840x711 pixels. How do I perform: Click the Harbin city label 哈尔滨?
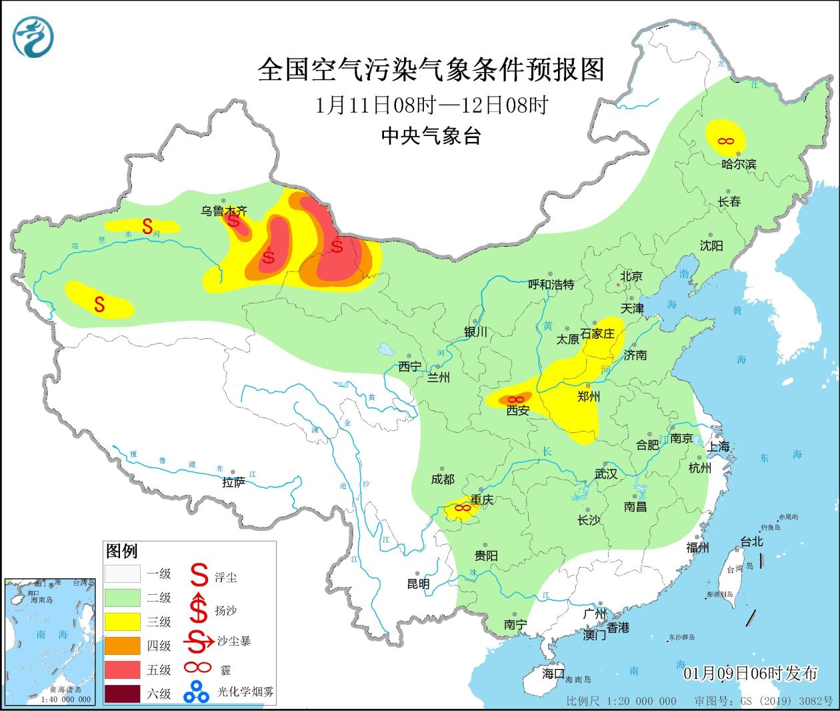pos(739,163)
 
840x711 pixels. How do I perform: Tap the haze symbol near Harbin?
pos(725,141)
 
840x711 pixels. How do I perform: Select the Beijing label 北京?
pos(631,276)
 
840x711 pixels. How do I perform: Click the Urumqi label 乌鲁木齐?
pos(224,211)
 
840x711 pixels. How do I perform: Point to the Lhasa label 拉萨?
pos(233,482)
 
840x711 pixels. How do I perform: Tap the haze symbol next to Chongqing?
pos(462,509)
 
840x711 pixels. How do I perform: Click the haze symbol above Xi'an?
pos(516,400)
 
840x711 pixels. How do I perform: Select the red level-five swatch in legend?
pos(122,670)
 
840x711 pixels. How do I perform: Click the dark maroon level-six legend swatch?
pos(122,694)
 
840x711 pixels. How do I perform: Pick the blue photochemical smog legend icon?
pos(197,692)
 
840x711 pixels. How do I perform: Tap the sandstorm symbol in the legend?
pos(198,642)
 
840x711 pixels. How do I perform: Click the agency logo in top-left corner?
pos(33,37)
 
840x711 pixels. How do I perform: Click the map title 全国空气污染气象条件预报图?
pos(431,69)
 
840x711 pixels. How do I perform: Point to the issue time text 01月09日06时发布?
pos(750,674)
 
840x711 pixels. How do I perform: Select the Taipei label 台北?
pos(751,542)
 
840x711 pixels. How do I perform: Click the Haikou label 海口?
pos(553,674)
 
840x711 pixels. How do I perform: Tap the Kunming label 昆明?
pos(418,584)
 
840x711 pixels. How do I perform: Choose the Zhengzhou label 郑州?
pos(588,396)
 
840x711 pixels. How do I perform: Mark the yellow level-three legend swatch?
pos(122,622)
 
